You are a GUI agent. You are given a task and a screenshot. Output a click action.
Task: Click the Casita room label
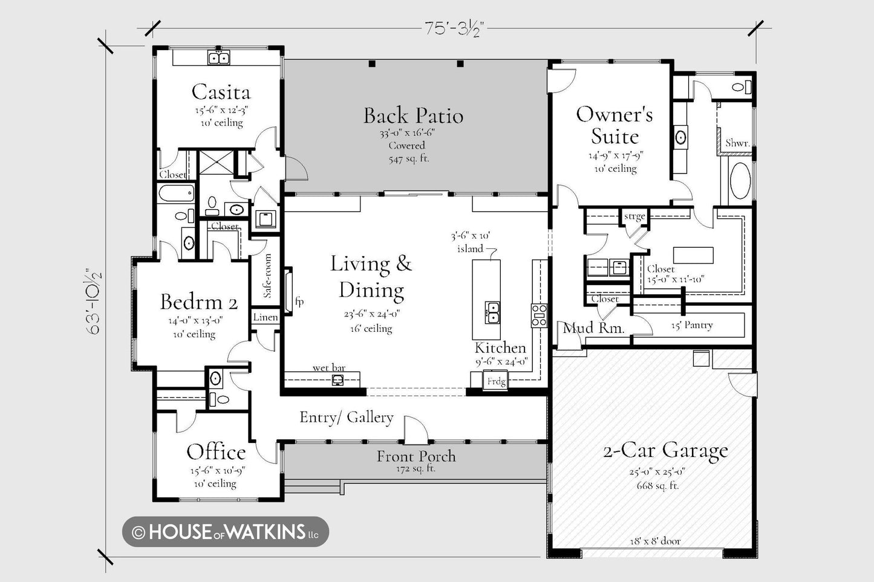coord(221,92)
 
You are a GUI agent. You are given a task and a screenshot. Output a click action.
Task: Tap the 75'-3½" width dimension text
coord(455,28)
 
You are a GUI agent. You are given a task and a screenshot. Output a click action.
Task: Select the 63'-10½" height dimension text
coord(94,301)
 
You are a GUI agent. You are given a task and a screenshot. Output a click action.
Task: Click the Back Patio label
coord(413,115)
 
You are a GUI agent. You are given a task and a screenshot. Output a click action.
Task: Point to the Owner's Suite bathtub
coord(740,181)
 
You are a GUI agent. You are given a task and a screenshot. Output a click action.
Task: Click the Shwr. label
coord(737,143)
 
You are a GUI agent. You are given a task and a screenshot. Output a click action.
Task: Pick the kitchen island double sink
coord(492,312)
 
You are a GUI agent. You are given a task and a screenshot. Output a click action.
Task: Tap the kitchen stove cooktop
coord(540,315)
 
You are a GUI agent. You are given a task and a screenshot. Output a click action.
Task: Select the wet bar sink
coord(338,380)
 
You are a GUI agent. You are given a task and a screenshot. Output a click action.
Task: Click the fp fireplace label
coord(299,301)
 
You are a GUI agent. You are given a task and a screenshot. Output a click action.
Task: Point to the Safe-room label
coord(267,276)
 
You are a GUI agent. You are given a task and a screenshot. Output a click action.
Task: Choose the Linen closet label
coord(266,317)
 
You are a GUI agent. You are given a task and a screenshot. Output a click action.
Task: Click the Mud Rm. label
coord(593,328)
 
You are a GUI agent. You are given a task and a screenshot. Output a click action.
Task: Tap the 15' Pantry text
coord(692,325)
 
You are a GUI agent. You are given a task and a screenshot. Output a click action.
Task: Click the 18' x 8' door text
coord(655,541)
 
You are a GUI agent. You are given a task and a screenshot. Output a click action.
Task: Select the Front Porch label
coord(416,456)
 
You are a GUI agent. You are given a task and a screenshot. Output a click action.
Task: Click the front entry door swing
coord(416,430)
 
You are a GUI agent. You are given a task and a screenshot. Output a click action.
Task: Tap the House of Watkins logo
coord(226,532)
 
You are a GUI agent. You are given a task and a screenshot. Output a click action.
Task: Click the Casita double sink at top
coord(218,58)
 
